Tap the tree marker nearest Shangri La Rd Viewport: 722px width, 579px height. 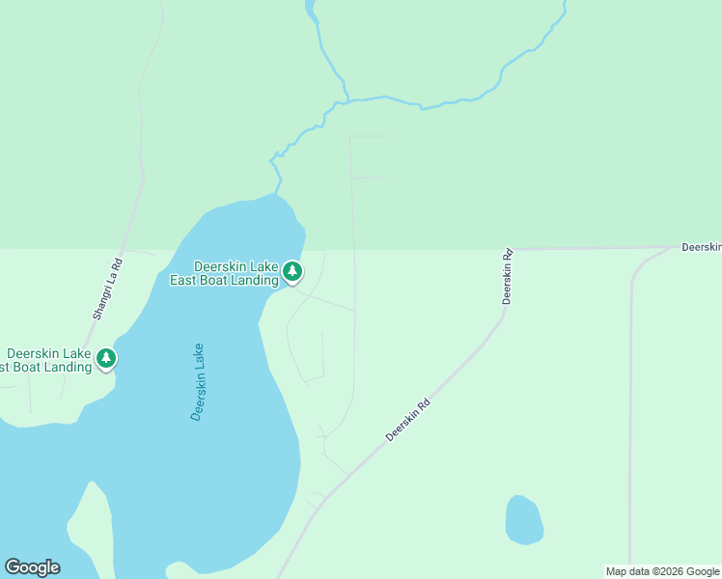pyautogui.click(x=106, y=359)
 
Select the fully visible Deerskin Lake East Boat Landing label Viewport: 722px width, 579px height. pyautogui.click(x=236, y=273)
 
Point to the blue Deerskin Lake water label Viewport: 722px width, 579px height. pyautogui.click(x=198, y=382)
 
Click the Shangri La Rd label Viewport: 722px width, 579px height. pyautogui.click(x=107, y=289)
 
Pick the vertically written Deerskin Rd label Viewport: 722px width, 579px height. pyautogui.click(x=507, y=278)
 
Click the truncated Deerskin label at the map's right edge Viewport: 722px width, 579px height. pyautogui.click(x=701, y=248)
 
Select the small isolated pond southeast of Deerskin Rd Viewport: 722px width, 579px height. pyautogui.click(x=523, y=519)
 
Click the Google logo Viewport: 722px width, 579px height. pyautogui.click(x=32, y=567)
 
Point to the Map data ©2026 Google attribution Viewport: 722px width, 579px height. pyautogui.click(x=662, y=571)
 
